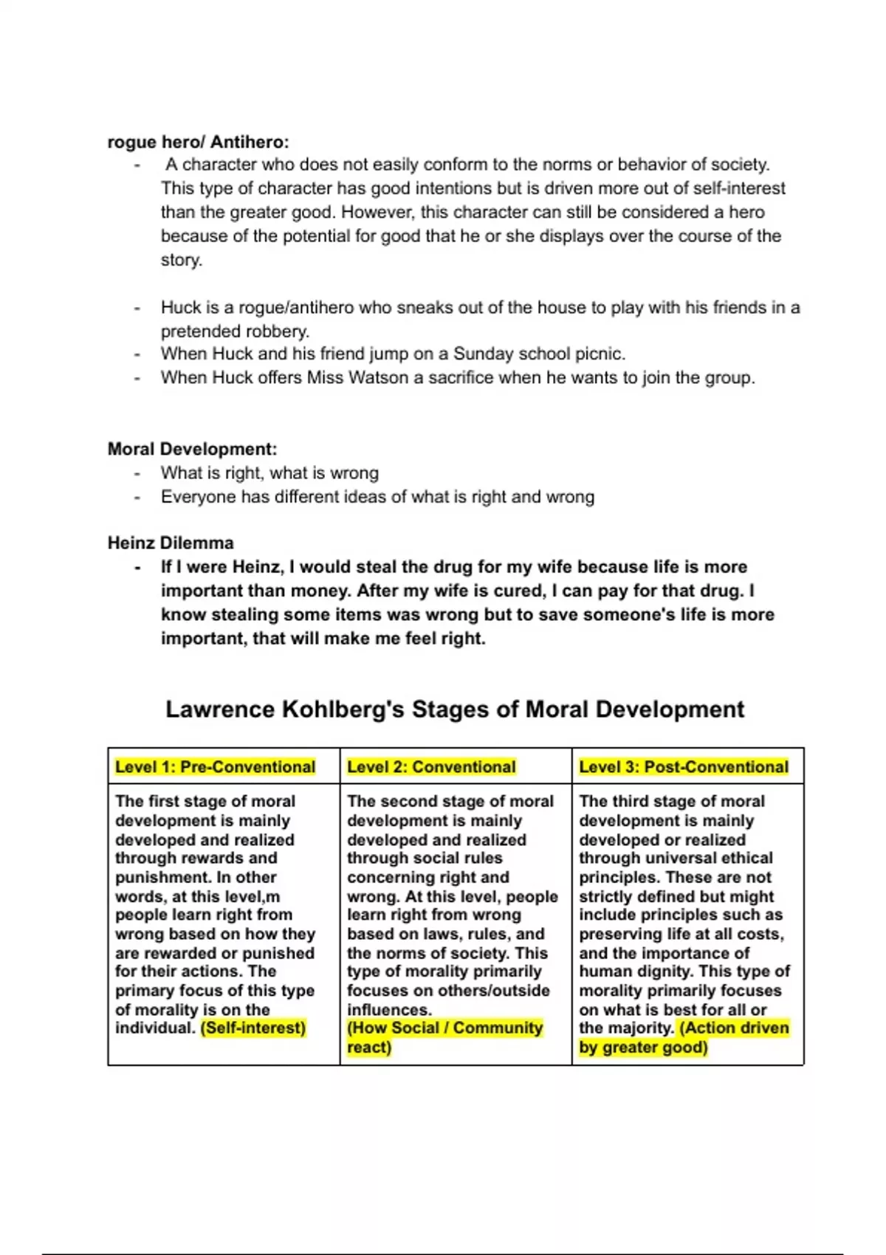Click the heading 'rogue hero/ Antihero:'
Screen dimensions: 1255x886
click(x=198, y=142)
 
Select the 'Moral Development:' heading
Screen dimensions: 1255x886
click(x=192, y=449)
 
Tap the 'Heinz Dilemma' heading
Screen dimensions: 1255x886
click(x=171, y=543)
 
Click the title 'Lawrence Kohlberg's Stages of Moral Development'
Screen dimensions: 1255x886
click(x=455, y=709)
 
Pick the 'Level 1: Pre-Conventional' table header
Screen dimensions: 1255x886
click(x=215, y=767)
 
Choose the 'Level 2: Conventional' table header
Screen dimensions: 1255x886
click(x=431, y=767)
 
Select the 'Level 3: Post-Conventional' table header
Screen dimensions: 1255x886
click(x=684, y=767)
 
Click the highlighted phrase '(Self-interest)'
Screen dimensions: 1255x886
click(x=253, y=1028)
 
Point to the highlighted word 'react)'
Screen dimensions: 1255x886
click(x=369, y=1048)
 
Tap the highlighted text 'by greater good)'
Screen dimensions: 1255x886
click(x=643, y=1048)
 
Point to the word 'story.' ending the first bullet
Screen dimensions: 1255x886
click(x=182, y=260)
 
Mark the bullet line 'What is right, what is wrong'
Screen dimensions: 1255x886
click(x=269, y=472)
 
